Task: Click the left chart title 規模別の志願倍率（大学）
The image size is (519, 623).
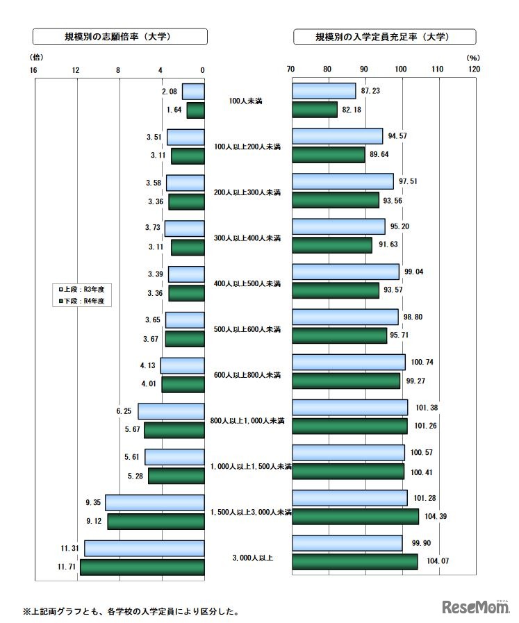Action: point(120,37)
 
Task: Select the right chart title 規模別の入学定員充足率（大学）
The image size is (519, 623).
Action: point(385,37)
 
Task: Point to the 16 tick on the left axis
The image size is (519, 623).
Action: point(34,69)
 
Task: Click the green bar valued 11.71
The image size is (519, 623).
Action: point(142,567)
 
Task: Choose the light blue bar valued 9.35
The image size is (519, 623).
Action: point(155,503)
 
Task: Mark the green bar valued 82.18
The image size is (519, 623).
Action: point(315,110)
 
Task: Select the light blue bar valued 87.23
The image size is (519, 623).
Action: point(324,91)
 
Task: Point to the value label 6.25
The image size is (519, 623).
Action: point(124,412)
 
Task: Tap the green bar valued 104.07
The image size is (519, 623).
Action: point(355,562)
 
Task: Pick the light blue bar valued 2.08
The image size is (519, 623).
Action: point(193,91)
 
